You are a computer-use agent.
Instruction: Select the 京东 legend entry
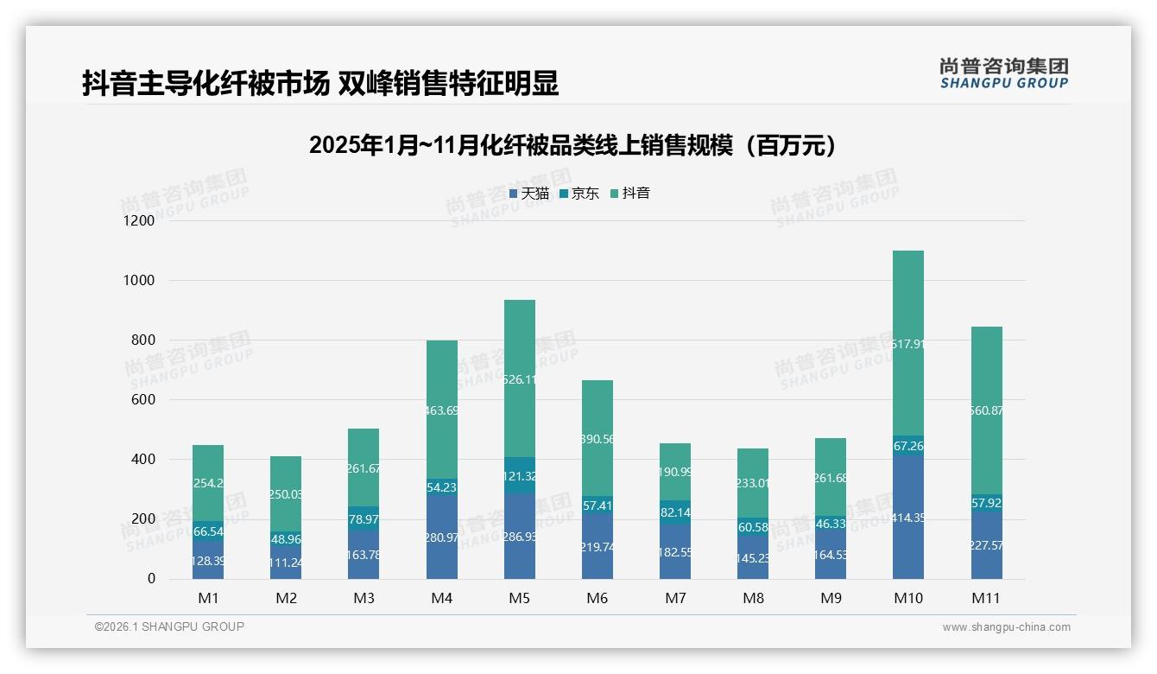[x=579, y=194]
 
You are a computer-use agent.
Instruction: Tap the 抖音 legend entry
[x=630, y=194]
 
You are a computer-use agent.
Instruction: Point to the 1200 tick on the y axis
[x=138, y=221]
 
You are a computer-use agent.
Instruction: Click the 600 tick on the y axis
[x=143, y=400]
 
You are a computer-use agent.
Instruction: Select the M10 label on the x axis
[x=907, y=598]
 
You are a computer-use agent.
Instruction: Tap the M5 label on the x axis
[x=519, y=598]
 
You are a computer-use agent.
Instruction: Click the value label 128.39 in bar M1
[x=207, y=562]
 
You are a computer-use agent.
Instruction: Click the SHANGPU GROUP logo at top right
[x=1003, y=73]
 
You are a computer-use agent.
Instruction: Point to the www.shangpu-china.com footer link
[x=1006, y=627]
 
